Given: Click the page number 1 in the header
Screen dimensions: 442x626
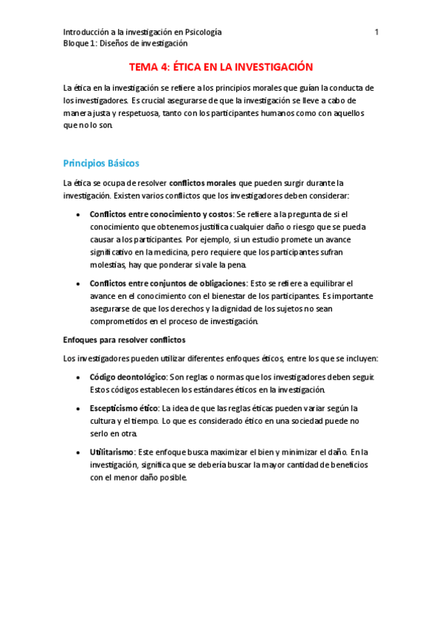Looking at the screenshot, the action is click(x=376, y=32).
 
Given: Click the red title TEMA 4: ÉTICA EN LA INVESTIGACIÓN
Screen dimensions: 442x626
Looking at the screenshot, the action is click(x=221, y=66).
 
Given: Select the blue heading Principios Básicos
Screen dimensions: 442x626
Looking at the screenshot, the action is click(x=101, y=162).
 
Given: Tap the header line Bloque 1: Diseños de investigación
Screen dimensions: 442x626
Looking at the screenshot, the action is click(x=125, y=43).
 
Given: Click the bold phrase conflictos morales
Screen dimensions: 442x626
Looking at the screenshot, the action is click(x=203, y=182).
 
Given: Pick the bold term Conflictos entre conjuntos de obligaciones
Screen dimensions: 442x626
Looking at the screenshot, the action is click(x=168, y=283).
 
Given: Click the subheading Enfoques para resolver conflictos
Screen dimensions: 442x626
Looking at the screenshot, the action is click(x=124, y=340).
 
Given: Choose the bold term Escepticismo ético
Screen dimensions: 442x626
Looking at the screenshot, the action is click(x=123, y=408).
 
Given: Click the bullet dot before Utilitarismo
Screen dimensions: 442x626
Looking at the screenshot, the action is click(x=79, y=452).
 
